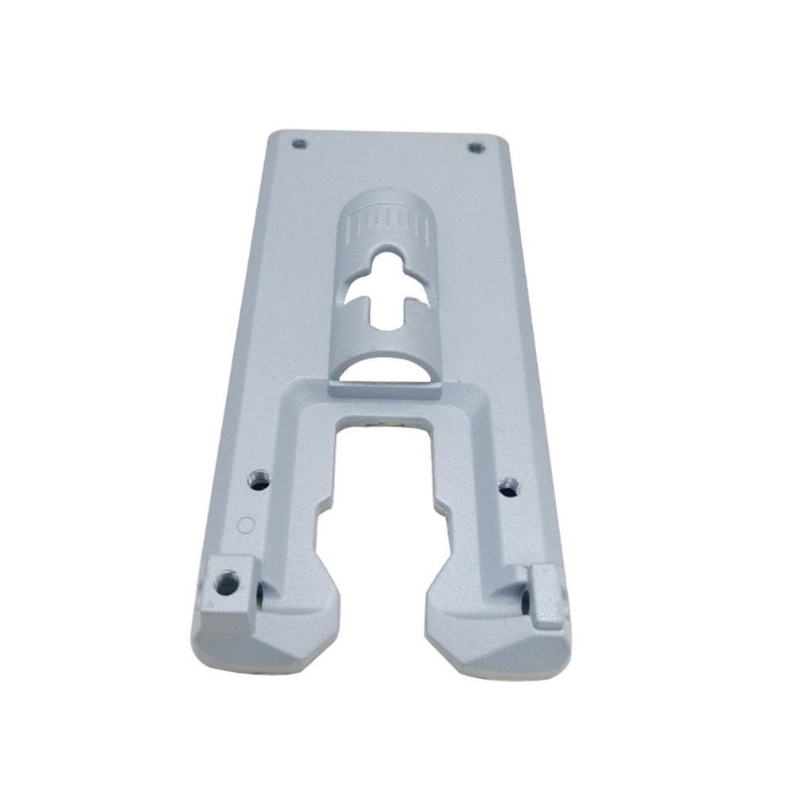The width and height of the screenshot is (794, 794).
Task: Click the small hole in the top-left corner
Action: click(x=298, y=144)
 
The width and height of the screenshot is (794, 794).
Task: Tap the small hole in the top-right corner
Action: click(x=475, y=147)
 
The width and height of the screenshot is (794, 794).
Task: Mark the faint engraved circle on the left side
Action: click(x=246, y=524)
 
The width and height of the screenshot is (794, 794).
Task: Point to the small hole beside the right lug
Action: click(x=524, y=601)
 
